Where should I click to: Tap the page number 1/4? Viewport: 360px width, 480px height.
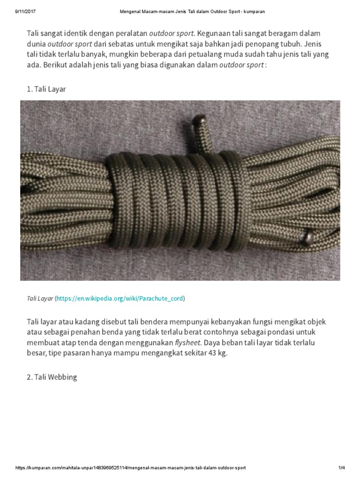click(341, 468)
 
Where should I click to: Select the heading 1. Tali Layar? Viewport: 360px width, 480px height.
click(46, 89)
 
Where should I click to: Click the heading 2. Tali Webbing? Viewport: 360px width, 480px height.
click(51, 377)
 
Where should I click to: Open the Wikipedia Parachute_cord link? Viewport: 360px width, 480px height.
click(120, 298)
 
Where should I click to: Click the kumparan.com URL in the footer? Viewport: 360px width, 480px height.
click(130, 468)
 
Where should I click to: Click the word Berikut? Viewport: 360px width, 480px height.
click(57, 66)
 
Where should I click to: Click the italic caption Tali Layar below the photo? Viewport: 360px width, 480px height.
click(39, 298)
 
